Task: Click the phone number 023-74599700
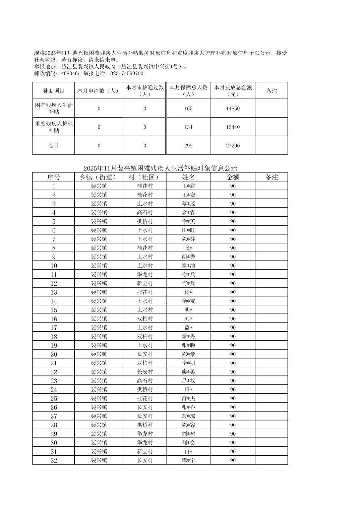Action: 126,74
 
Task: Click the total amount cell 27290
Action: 233,146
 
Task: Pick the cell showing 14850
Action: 233,108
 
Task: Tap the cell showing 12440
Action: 233,127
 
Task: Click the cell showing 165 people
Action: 188,108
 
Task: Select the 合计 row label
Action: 54,146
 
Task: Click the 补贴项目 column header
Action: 54,91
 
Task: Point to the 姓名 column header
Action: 188,177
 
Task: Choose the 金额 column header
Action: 233,177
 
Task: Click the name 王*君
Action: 188,186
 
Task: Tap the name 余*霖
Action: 188,213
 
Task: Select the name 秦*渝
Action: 188,266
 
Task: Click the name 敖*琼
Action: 188,416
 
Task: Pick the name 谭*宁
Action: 188,460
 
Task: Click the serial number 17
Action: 54,328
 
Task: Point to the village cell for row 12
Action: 145,284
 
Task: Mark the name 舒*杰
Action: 188,398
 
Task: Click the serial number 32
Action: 54,460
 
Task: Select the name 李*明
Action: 188,363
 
